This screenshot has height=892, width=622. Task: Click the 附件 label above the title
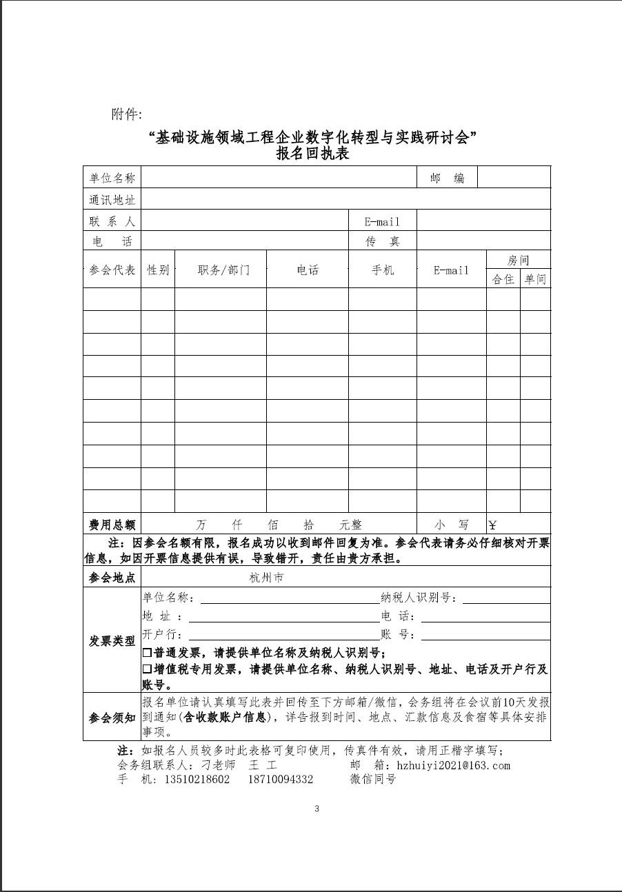click(126, 114)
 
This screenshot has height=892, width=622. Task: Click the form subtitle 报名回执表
click(312, 154)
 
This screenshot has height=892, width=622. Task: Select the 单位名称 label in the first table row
click(112, 178)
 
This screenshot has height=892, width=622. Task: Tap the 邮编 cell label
click(447, 178)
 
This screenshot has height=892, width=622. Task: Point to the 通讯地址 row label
click(112, 200)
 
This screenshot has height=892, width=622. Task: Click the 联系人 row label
click(112, 221)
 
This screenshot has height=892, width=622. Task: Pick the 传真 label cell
click(382, 242)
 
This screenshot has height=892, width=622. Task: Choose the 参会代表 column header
click(112, 270)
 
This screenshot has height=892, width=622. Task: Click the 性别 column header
click(158, 270)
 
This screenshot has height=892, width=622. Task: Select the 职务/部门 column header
click(221, 270)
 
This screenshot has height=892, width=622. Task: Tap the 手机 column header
click(382, 270)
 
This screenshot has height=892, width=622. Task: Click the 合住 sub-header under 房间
click(503, 279)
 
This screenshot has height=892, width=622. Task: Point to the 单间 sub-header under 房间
click(535, 279)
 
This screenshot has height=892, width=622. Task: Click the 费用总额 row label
click(112, 525)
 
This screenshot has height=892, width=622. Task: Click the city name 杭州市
click(266, 578)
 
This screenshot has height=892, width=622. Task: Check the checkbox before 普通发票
click(147, 652)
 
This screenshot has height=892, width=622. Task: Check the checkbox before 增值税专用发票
click(147, 669)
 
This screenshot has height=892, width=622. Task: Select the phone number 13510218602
click(196, 780)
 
